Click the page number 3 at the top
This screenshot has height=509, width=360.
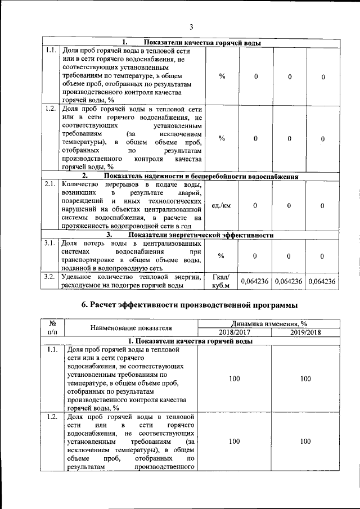[191, 26]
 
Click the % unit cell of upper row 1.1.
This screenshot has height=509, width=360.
[222, 76]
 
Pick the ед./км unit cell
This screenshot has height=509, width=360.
[222, 206]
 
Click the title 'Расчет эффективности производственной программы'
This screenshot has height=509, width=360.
[190, 305]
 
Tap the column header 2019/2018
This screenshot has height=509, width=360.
[305, 332]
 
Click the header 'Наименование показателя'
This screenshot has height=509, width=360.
[130, 328]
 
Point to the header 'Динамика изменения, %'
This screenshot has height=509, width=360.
[269, 323]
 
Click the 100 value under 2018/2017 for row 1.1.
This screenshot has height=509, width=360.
[234, 379]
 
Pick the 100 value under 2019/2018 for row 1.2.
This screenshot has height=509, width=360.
[305, 442]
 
